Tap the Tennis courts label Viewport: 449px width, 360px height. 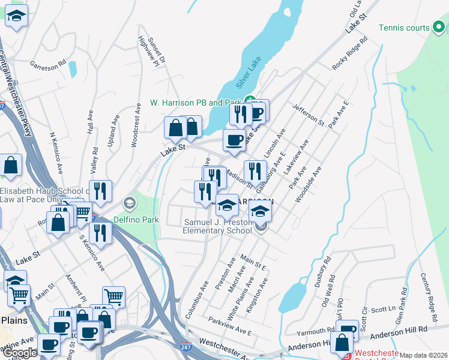pos(405,28)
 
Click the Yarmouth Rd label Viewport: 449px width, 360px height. pos(315,331)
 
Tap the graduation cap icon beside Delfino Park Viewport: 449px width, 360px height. pos(128,204)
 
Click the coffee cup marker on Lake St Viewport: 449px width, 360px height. pos(234,140)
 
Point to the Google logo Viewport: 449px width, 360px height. pos(20,353)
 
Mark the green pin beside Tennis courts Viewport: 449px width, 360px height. pos(438,28)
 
